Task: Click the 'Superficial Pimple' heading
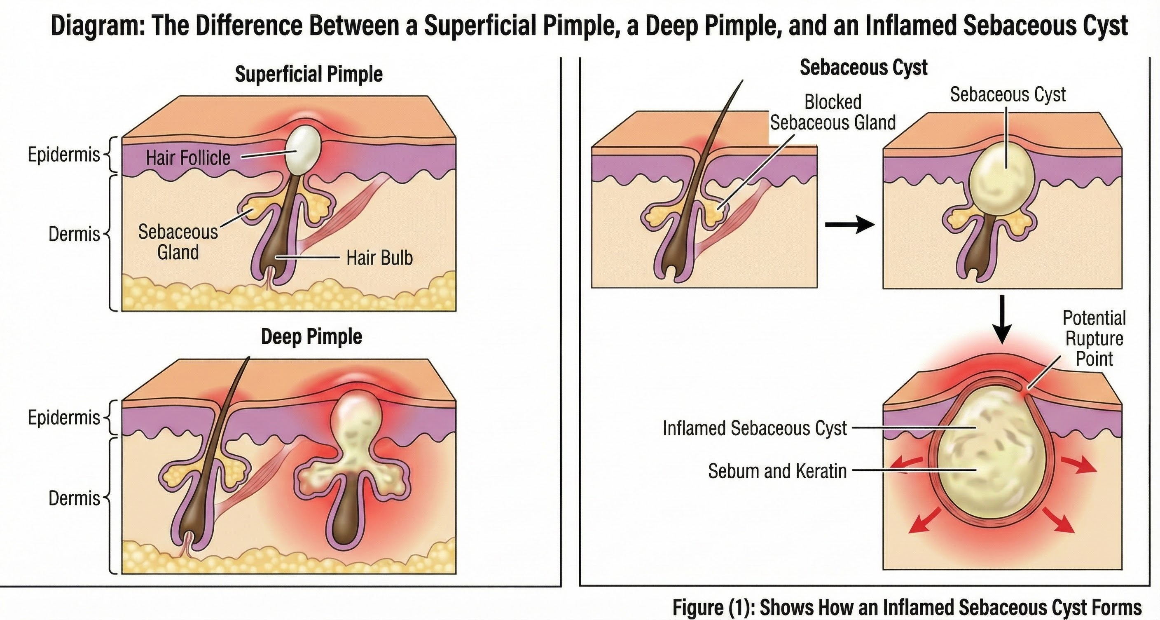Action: point(309,74)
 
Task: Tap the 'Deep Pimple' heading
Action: point(311,336)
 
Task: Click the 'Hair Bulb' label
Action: point(379,258)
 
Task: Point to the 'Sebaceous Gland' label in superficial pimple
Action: point(178,242)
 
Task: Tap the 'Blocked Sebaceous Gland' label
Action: point(833,112)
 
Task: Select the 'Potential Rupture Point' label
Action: point(1094,338)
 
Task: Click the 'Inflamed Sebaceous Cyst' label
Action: point(755,428)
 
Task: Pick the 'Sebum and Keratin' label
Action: point(777,471)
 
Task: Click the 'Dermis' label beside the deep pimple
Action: point(74,498)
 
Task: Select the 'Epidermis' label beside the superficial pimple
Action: point(63,155)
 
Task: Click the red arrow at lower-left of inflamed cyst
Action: point(924,520)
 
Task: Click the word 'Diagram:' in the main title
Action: point(97,26)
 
